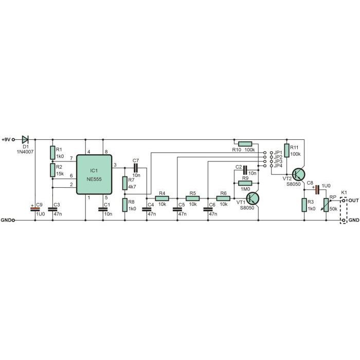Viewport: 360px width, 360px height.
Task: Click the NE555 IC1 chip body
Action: click(x=94, y=174)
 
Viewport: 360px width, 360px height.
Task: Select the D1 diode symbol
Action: click(x=25, y=139)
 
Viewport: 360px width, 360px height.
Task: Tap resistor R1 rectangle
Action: click(x=52, y=152)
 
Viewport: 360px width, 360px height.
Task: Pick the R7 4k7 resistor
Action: click(x=124, y=183)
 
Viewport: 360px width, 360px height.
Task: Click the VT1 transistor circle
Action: click(x=253, y=199)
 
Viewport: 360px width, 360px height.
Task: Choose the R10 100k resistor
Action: click(x=245, y=144)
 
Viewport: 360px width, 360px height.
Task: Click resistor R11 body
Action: click(x=286, y=150)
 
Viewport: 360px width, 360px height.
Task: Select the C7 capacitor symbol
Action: click(x=136, y=168)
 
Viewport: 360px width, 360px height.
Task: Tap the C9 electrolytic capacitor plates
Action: click(x=35, y=209)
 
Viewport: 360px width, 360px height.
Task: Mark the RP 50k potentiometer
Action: click(x=326, y=205)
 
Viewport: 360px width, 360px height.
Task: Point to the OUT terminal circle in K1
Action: click(x=344, y=201)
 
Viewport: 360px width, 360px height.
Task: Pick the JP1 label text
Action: click(x=278, y=153)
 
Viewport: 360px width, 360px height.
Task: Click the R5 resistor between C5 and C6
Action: click(x=193, y=199)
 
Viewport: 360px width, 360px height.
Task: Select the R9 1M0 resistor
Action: click(x=245, y=183)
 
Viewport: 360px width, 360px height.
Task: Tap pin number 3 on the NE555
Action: click(x=115, y=165)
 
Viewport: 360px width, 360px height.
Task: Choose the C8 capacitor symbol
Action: click(x=317, y=190)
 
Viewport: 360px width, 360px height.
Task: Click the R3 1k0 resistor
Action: click(x=304, y=205)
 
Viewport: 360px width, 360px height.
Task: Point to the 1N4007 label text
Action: click(x=25, y=152)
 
